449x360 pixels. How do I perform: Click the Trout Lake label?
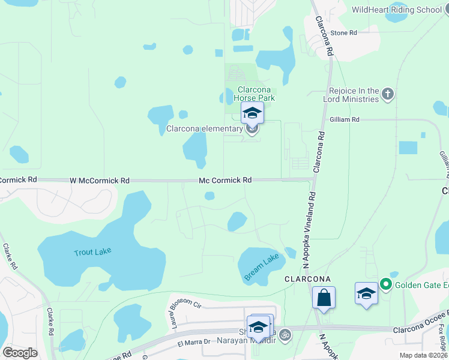tap(93, 251)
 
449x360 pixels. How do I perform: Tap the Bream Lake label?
tap(262, 267)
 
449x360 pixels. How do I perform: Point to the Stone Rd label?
tap(343, 32)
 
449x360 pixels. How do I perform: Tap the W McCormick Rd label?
tap(100, 180)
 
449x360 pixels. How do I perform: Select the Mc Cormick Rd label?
tap(225, 180)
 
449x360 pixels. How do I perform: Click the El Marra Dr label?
tap(193, 342)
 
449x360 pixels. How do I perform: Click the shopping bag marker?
tap(324, 298)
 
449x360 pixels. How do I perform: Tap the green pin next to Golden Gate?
tap(386, 284)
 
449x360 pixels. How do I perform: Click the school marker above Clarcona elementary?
tap(252, 113)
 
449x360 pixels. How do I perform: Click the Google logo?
tap(20, 353)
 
